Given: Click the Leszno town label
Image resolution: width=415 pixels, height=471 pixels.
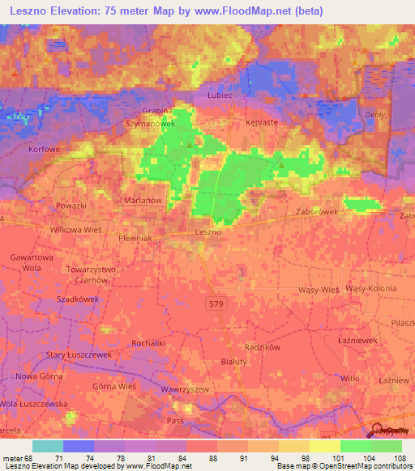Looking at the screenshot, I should point(209,231).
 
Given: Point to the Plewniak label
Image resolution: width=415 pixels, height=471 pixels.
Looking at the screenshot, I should point(136,240).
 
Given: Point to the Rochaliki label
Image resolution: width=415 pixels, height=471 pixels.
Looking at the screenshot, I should point(124,342).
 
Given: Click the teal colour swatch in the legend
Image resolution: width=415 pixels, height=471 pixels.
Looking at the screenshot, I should point(48,446).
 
